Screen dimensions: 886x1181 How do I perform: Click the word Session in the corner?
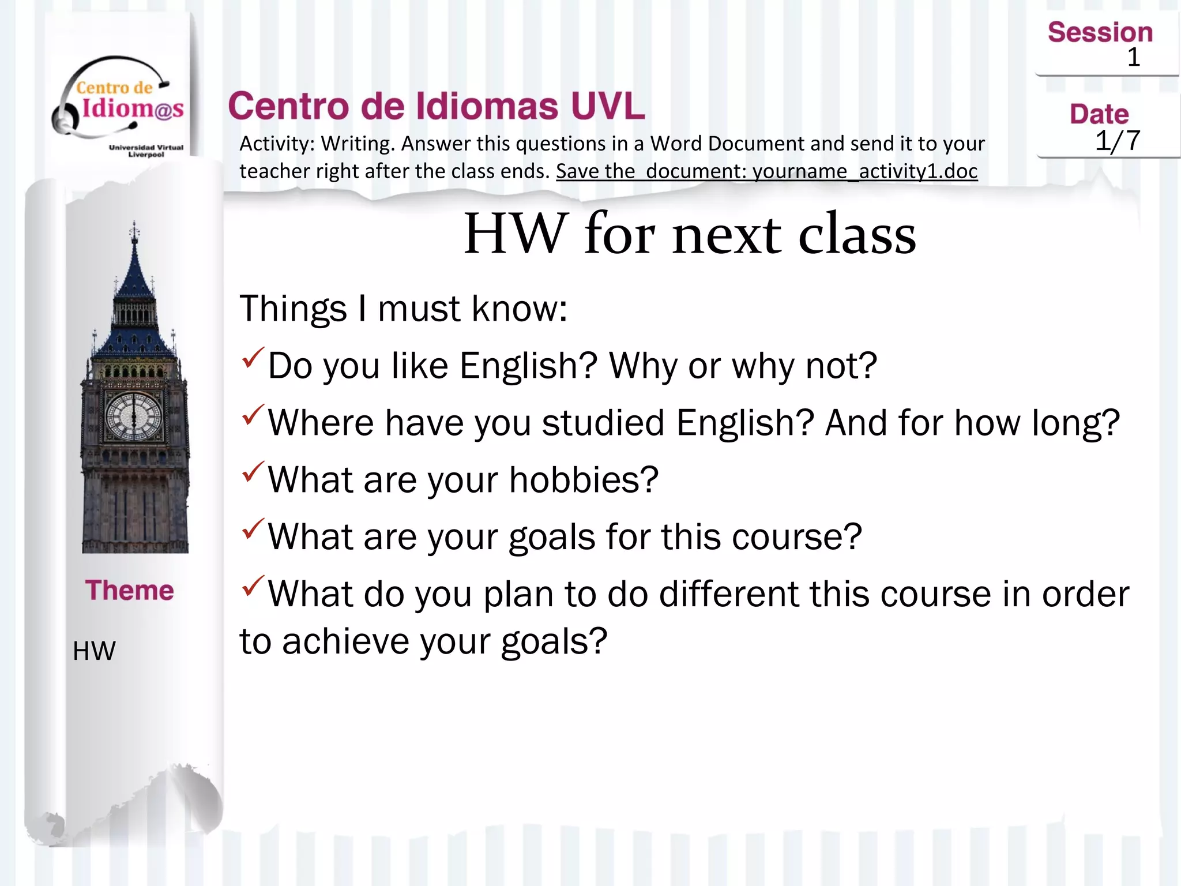[1100, 32]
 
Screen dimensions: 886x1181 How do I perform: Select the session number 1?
[1134, 57]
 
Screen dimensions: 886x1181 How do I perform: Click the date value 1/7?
[1117, 140]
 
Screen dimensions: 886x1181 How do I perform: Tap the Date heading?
[1099, 114]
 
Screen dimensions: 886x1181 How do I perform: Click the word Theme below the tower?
[130, 590]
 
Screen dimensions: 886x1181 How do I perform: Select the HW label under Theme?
[94, 651]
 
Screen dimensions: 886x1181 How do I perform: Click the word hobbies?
[584, 480]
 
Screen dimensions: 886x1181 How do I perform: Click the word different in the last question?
[728, 594]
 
